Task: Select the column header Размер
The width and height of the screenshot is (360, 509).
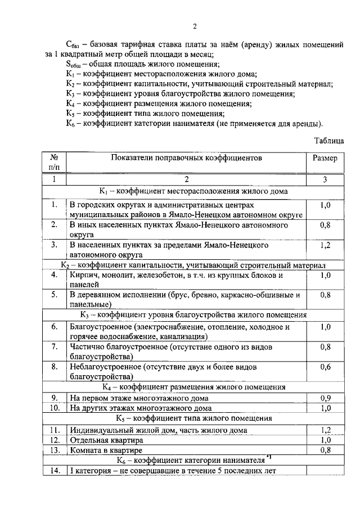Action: pyautogui.click(x=325, y=159)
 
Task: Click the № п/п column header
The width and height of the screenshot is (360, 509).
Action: pyautogui.click(x=54, y=163)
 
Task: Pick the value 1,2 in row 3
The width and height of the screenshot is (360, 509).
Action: pyautogui.click(x=325, y=245)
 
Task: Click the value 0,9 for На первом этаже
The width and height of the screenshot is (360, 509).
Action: pyautogui.click(x=325, y=398)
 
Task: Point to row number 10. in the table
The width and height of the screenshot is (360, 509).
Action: pyautogui.click(x=54, y=408)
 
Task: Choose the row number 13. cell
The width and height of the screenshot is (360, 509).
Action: pyautogui.click(x=54, y=450)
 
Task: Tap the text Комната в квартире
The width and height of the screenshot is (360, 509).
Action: pyautogui.click(x=106, y=450)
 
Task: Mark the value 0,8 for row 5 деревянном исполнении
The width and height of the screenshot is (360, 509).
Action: pyautogui.click(x=325, y=294)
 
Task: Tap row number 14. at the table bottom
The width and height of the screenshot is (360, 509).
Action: pyautogui.click(x=54, y=471)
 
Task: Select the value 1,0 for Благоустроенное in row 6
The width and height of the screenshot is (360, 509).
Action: pyautogui.click(x=325, y=326)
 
